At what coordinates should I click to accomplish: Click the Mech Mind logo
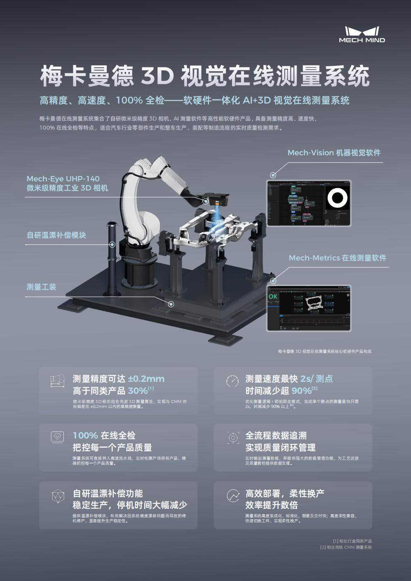coord(362,34)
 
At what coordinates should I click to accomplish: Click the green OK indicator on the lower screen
coord(273,297)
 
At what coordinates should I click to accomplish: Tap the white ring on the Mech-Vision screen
coord(338,198)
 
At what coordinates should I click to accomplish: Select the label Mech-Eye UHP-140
coord(63,178)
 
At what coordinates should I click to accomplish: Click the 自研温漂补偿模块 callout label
coord(56,235)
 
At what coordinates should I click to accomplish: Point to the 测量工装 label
coord(41,287)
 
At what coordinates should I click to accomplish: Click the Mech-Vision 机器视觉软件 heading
coord(334,153)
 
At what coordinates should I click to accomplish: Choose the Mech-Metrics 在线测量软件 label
coord(337,258)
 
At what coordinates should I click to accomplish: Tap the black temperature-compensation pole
coord(111,257)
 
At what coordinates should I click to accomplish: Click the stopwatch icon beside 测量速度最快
coord(232,381)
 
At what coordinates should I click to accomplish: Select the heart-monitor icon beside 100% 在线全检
coord(58,437)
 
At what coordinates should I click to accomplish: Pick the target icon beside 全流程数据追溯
coord(233,438)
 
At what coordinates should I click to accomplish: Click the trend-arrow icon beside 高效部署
coord(233,495)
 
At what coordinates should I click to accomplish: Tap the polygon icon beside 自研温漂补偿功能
coord(58,496)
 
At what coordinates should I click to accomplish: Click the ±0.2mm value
coord(146,379)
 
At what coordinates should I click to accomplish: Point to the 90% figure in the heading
coord(301,391)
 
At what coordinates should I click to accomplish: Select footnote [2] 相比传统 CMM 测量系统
coord(346,547)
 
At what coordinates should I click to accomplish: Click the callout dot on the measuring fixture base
coord(171,304)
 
